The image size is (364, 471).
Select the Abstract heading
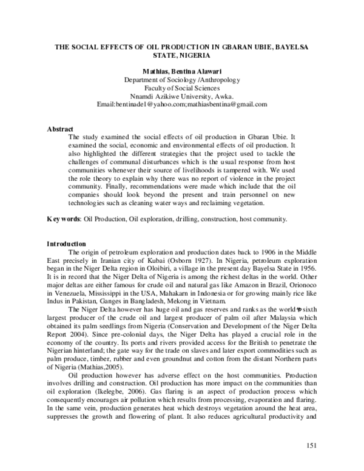pos(60,129)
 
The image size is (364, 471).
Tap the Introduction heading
pos(67,244)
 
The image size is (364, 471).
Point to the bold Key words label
pos(63,218)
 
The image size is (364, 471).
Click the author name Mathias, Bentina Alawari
pos(182,71)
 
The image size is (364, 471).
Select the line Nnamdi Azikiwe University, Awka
pos(182,96)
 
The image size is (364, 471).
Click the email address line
pos(182,104)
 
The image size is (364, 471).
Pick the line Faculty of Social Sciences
pos(182,88)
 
